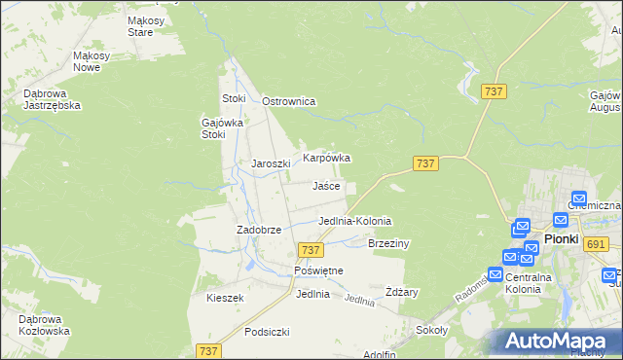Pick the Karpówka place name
[x=326, y=157]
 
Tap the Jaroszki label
[x=272, y=163]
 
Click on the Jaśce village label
[x=326, y=185]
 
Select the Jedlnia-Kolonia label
[x=355, y=221]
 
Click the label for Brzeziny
[x=388, y=243]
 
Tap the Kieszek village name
[x=224, y=298]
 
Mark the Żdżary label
[x=401, y=292]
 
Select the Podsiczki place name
[x=268, y=332]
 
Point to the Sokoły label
[x=431, y=330]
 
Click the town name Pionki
[x=561, y=238]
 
